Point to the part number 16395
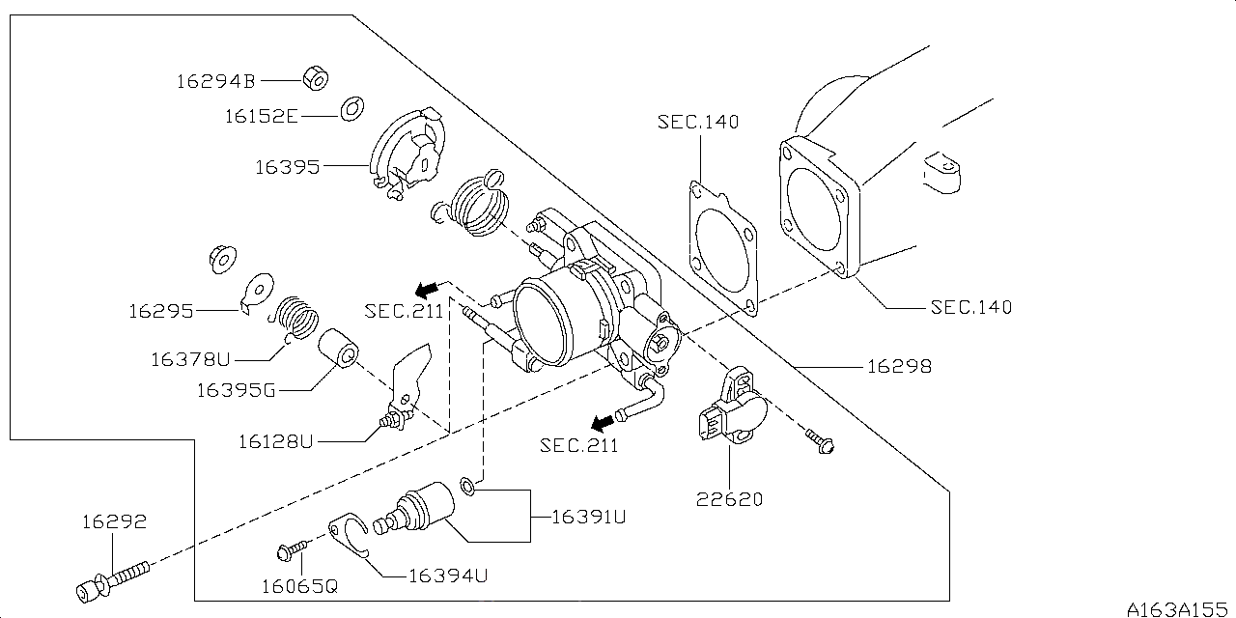pos(287,167)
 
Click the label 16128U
pos(276,441)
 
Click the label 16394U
pos(447,576)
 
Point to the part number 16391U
pos(588,517)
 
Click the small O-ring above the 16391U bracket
pos(467,485)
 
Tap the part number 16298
pos(899,367)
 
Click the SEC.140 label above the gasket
pos(697,122)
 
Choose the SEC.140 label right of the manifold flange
pos(970,307)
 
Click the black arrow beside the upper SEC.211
pos(425,288)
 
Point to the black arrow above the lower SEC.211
pos(603,422)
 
